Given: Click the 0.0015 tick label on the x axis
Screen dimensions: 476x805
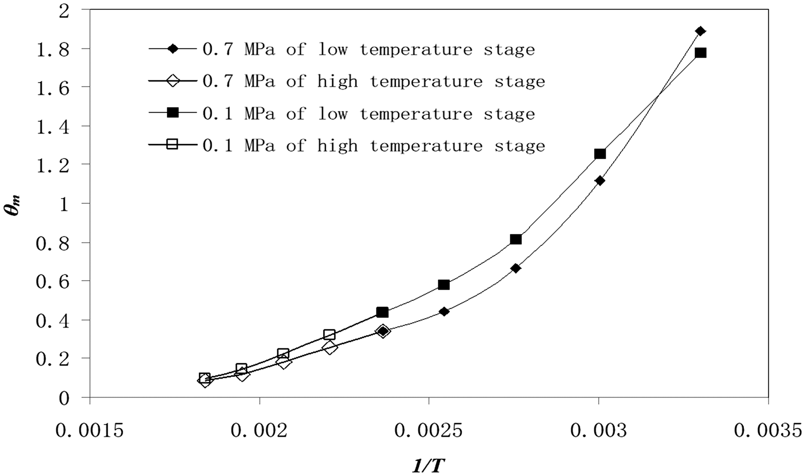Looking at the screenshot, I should pyautogui.click(x=89, y=431).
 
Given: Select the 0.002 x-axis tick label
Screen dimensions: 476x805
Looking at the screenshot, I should pyautogui.click(x=259, y=431).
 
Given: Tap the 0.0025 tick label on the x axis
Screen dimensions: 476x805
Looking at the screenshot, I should pyautogui.click(x=429, y=431).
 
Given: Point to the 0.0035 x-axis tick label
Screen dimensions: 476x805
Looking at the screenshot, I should pyautogui.click(x=768, y=431).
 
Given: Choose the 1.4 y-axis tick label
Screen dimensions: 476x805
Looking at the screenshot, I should pyautogui.click(x=53, y=127).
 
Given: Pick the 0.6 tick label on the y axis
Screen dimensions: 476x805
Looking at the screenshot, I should pyautogui.click(x=53, y=282).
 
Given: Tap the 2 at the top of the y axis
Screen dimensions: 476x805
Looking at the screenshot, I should pyautogui.click(x=64, y=11).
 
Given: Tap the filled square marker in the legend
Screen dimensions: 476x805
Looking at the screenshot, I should pyautogui.click(x=173, y=113).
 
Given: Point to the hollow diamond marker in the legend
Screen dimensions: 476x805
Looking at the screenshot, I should pyautogui.click(x=173, y=81).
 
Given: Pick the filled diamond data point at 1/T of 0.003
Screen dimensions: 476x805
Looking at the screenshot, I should pyautogui.click(x=599, y=181).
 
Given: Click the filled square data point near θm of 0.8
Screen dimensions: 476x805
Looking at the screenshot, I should pyautogui.click(x=516, y=239).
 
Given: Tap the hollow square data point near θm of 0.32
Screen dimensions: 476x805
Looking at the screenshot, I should pyautogui.click(x=329, y=335).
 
